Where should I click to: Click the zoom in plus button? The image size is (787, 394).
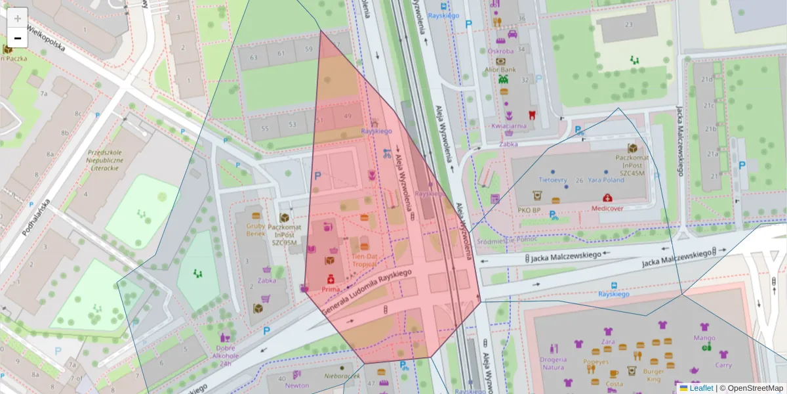[x=18, y=18]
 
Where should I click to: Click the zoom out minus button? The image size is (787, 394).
[x=18, y=38]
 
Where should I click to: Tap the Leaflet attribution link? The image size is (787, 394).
[x=701, y=388]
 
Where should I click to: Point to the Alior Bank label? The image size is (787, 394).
[x=502, y=69]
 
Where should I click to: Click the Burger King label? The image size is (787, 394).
[x=654, y=375]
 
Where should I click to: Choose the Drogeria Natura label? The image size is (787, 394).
[x=553, y=363]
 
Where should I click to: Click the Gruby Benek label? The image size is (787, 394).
[x=256, y=229]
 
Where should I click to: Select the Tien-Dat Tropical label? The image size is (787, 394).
[x=364, y=260]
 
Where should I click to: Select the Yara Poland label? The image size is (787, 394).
[x=605, y=179]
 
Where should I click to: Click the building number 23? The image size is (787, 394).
[x=628, y=25]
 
